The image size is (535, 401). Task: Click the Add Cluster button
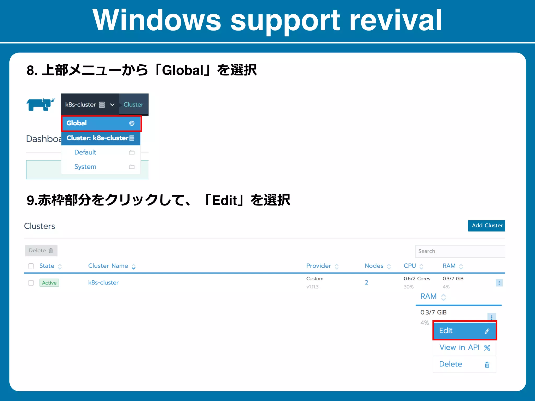point(486,226)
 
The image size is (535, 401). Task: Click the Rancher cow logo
point(40,104)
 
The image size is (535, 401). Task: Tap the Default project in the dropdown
point(85,152)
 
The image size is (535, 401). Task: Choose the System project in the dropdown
point(85,167)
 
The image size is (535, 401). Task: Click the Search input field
point(460,251)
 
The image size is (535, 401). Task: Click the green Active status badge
point(49,283)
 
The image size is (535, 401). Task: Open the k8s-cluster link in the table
point(103,282)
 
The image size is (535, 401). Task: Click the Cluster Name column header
point(108,266)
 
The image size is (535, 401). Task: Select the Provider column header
point(319,266)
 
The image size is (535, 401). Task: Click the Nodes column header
point(374,266)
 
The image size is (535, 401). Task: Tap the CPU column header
point(410,266)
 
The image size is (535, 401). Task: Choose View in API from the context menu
point(459,347)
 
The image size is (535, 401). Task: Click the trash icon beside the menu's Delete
point(487,364)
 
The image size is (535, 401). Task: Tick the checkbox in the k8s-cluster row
point(31,283)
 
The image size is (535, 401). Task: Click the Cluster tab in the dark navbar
point(133,104)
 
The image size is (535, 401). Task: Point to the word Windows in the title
point(157,20)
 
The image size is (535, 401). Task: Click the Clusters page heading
point(39,226)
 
